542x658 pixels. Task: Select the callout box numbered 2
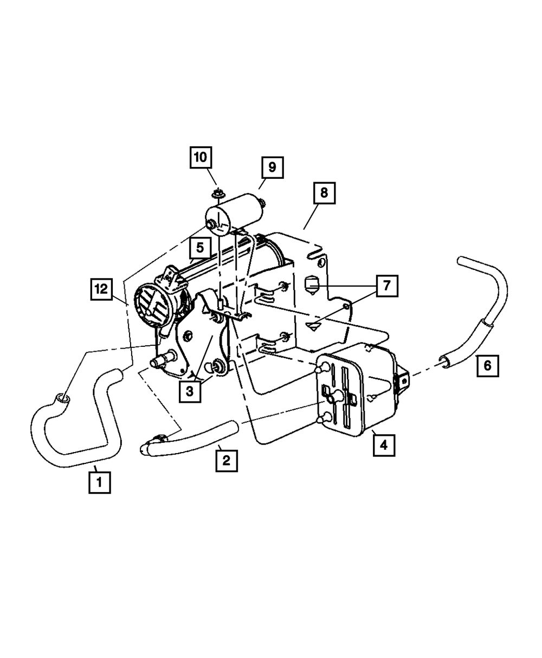pyautogui.click(x=226, y=461)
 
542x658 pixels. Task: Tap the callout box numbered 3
pyautogui.click(x=190, y=390)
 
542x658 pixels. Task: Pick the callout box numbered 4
pyautogui.click(x=384, y=445)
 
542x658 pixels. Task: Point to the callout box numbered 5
pyautogui.click(x=200, y=249)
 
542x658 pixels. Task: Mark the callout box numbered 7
pyautogui.click(x=386, y=285)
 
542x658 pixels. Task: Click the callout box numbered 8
pyautogui.click(x=324, y=193)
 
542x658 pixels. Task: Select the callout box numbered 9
pyautogui.click(x=272, y=167)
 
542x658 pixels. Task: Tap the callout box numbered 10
pyautogui.click(x=201, y=158)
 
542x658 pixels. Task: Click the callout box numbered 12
pyautogui.click(x=101, y=289)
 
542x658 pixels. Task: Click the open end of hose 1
pyautogui.click(x=61, y=400)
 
